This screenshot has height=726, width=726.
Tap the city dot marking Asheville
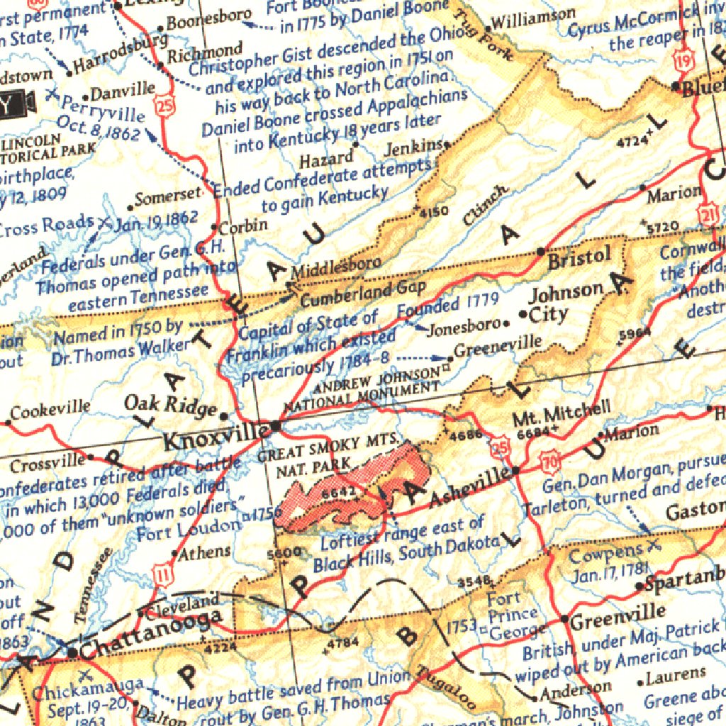coord(516,470)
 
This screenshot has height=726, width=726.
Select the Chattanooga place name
coord(155,628)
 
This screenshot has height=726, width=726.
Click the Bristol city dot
coord(541,252)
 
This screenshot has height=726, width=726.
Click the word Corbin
coord(243,227)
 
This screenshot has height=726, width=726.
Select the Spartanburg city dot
coord(640,586)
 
